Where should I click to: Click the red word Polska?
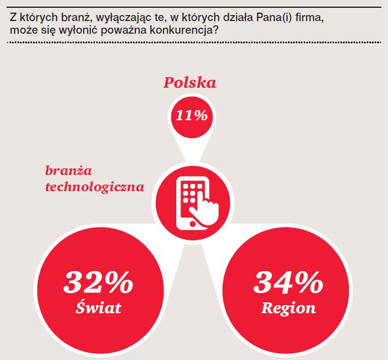point(189,82)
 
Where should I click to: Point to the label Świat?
point(99,308)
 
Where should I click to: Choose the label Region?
point(288,308)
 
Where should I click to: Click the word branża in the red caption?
point(66,171)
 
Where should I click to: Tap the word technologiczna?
point(95,186)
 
